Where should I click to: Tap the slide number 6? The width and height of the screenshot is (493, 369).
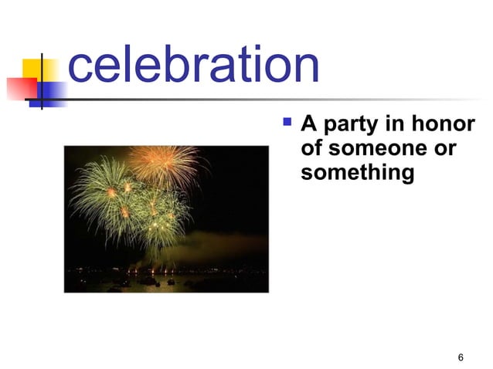[x=461, y=357]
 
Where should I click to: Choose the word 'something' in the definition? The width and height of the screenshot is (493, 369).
[x=357, y=172]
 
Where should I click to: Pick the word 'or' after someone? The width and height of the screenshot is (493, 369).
[x=445, y=147]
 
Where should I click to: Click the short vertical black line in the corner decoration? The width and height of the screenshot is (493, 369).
[x=39, y=80]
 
